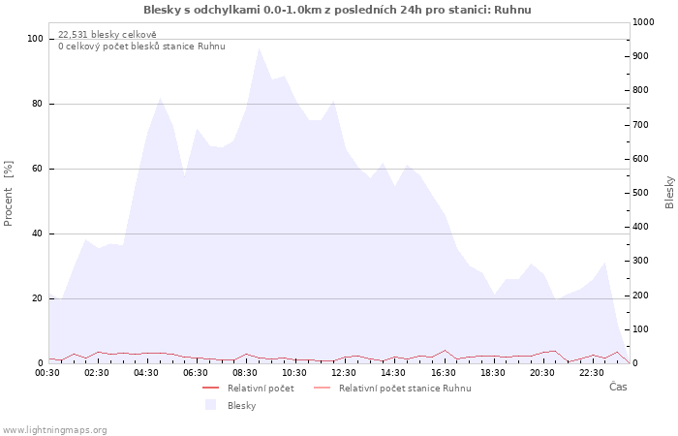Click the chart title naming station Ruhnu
337,10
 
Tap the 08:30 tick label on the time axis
245,373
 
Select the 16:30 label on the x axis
444,373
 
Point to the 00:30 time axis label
47,373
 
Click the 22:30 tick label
592,373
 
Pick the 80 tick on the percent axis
37,104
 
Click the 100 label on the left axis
35,39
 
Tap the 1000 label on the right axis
643,22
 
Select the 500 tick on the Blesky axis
640,193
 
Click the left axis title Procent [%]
8,194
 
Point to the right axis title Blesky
669,192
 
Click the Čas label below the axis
618,387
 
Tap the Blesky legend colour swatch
210,405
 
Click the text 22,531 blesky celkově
108,35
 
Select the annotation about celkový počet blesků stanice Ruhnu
141,47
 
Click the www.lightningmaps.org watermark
54,430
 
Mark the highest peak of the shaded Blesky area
259,48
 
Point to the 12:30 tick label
344,373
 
